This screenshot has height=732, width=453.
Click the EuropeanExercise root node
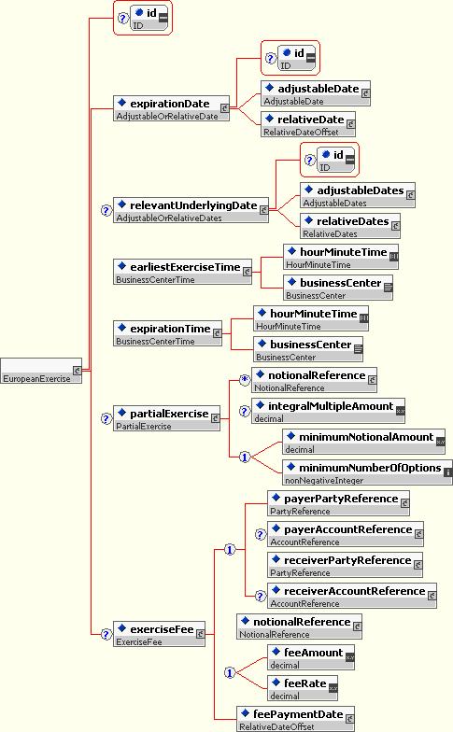41,371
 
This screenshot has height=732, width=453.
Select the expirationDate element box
172,108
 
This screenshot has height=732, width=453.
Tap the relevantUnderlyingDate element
191,211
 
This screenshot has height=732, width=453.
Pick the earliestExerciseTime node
183,273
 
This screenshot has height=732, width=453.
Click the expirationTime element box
168,334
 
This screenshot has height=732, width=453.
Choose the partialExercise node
166,418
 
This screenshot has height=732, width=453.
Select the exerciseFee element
159,635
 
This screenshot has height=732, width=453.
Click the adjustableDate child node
316,93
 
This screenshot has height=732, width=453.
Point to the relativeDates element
350,226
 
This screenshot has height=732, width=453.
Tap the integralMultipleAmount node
329,411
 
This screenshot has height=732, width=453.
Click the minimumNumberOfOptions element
368,472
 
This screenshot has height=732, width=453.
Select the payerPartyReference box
338,504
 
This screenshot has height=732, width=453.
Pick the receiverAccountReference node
352,596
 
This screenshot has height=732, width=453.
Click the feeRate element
303,689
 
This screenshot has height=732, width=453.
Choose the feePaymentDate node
295,719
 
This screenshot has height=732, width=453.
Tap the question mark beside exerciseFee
106,635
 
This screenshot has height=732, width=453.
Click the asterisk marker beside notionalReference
245,381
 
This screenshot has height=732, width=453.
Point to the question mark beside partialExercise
106,419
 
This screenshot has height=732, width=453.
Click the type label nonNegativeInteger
324,480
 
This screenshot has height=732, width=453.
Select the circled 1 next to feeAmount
230,672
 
